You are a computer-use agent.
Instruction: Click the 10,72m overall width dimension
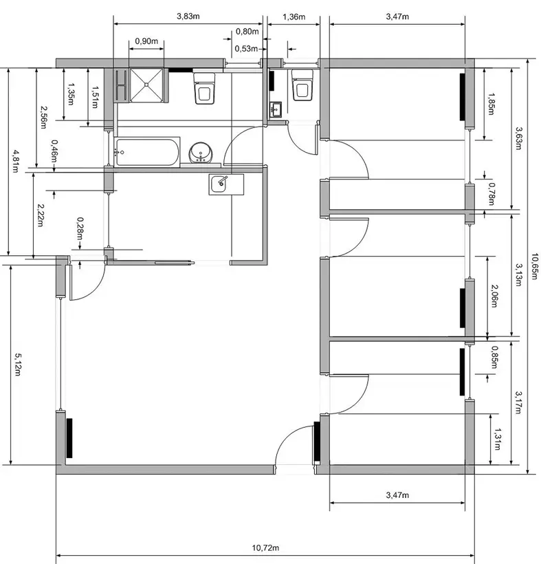(265, 547)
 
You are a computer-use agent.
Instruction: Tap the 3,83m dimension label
(188, 15)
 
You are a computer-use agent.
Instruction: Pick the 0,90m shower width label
(146, 41)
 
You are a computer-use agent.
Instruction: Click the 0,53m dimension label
(245, 49)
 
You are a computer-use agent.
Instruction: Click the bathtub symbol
(147, 152)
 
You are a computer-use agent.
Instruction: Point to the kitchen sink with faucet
(222, 183)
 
